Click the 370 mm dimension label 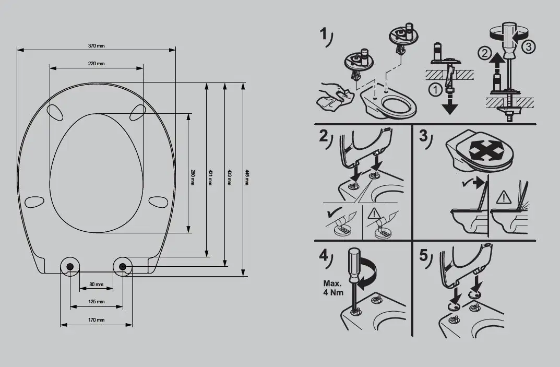click(97, 46)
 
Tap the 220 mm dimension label click(97, 64)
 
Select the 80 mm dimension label click(97, 285)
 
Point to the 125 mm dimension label click(97, 302)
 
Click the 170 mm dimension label click(97, 320)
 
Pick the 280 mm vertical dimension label click(193, 177)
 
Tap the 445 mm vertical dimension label click(246, 177)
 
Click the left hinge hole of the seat click(70, 266)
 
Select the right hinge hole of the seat click(123, 266)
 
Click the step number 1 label click(324, 34)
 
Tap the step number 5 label click(423, 255)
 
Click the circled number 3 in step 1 click(529, 46)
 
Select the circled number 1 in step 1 click(435, 90)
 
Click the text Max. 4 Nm click(333, 288)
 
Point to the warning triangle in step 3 click(504, 197)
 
